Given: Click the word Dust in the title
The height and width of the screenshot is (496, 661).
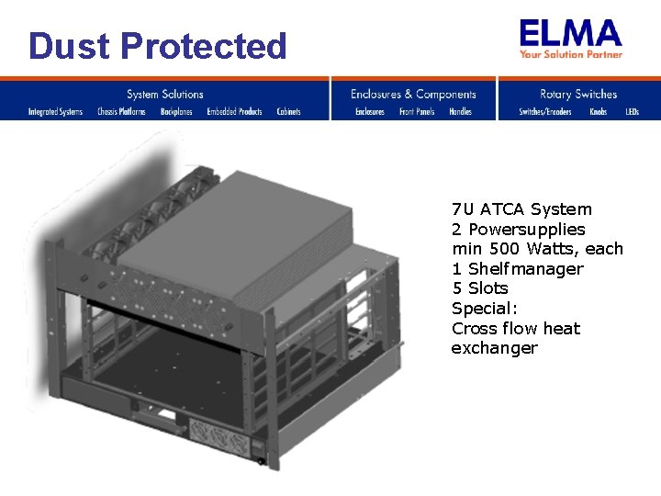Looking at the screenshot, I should [68, 46].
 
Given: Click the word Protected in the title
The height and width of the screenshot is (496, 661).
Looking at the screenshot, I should [204, 46].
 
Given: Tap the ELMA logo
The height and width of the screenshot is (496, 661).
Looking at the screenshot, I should [570, 34].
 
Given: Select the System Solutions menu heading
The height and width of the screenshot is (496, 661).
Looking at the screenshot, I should [165, 94].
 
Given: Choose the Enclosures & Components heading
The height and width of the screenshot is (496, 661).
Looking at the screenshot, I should [413, 94].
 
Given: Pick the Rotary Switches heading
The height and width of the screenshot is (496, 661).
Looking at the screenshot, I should [578, 94].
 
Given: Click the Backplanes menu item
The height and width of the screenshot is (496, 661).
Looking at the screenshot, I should [176, 112].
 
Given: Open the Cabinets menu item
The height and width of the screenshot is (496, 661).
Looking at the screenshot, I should [288, 112].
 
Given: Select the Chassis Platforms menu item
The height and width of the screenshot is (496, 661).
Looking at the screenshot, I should [121, 112].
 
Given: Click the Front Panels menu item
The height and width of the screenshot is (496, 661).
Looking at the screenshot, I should [417, 112].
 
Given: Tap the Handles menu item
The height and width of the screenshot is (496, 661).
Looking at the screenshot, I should [460, 112].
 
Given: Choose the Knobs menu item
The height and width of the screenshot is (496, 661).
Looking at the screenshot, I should [598, 112].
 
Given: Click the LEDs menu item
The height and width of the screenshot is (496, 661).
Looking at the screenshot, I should [632, 112].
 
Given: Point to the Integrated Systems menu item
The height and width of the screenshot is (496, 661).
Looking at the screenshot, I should [55, 112].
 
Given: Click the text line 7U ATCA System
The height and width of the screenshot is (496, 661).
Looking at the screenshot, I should [521, 209].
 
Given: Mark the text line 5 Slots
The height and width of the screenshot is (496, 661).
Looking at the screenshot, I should [479, 288].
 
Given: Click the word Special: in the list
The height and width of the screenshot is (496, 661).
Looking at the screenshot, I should [485, 309].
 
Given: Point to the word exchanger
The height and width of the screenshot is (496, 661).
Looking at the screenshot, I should [494, 348].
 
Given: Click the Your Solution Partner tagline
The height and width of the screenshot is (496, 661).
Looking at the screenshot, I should [571, 54].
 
